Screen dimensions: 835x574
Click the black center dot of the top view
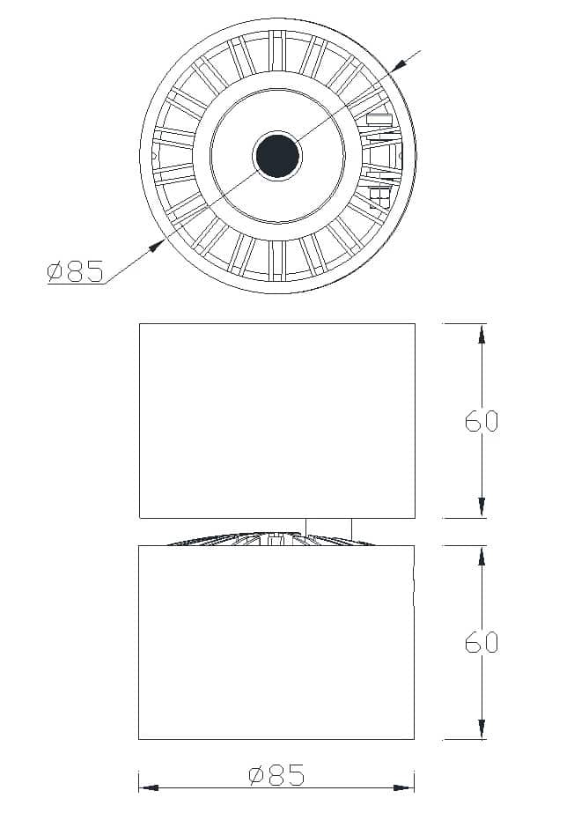[277, 156]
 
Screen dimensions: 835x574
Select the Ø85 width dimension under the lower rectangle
[276, 776]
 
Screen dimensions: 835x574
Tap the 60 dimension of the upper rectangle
[482, 421]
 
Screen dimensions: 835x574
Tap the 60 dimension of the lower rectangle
[482, 642]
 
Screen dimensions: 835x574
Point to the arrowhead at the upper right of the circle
[399, 64]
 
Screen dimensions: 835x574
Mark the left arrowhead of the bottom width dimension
[147, 787]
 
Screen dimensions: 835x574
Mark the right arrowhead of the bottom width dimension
[406, 787]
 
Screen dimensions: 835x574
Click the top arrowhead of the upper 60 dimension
[482, 333]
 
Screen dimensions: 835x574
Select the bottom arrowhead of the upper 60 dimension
[482, 508]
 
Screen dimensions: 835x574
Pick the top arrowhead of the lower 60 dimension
[482, 554]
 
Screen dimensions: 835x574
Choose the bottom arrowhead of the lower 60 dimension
[482, 729]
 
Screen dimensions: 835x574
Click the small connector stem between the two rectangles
[328, 526]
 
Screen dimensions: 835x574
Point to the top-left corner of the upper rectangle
[140, 324]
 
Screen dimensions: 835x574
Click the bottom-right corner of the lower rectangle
[414, 739]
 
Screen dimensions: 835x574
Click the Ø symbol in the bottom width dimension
[256, 776]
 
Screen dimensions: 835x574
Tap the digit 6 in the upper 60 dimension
[473, 421]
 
